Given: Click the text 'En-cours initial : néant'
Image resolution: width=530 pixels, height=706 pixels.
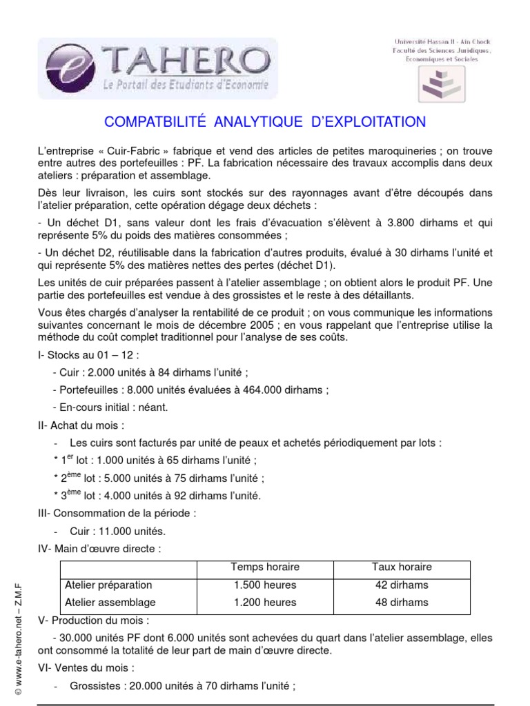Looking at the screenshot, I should pos(110,407).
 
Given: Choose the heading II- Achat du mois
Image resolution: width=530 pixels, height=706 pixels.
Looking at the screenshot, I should pos(81,425).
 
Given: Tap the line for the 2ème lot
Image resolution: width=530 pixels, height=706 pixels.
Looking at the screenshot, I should pos(158,478).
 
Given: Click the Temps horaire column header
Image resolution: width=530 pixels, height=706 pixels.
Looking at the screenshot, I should pos(265,567).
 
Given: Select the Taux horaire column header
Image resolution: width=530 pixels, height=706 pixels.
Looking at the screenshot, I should pos(401,567).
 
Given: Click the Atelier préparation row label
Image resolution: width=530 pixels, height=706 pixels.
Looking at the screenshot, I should pos(103,585).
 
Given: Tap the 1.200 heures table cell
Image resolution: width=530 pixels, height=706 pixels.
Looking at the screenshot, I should pos(265,602).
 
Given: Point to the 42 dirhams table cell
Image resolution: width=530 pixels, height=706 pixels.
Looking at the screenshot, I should pos(401,585).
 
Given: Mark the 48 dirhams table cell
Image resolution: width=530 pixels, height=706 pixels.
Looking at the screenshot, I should pos(401,602).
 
